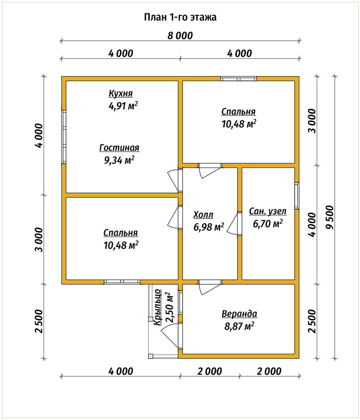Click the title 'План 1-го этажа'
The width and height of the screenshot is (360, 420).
coord(180,17)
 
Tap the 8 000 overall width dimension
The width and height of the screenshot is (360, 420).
coord(180,36)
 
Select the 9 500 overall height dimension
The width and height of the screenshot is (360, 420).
coord(330,218)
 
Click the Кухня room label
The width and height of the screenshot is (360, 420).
coord(121,94)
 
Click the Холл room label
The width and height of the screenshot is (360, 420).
coord(203,215)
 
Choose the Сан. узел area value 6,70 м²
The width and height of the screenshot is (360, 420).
coord(268,223)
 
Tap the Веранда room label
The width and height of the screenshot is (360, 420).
coord(239,314)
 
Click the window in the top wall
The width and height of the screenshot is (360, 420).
coord(239,79)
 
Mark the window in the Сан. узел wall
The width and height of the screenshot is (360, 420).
coord(297,196)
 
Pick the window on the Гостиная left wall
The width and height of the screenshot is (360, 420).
coord(64,137)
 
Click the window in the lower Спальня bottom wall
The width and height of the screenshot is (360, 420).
coord(122,282)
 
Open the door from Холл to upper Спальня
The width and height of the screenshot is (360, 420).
coord(210,170)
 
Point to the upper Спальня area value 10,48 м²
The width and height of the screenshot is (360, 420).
coord(239,124)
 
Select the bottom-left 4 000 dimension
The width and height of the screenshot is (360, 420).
coord(121,371)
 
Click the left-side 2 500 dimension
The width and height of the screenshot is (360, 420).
coord(39,321)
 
